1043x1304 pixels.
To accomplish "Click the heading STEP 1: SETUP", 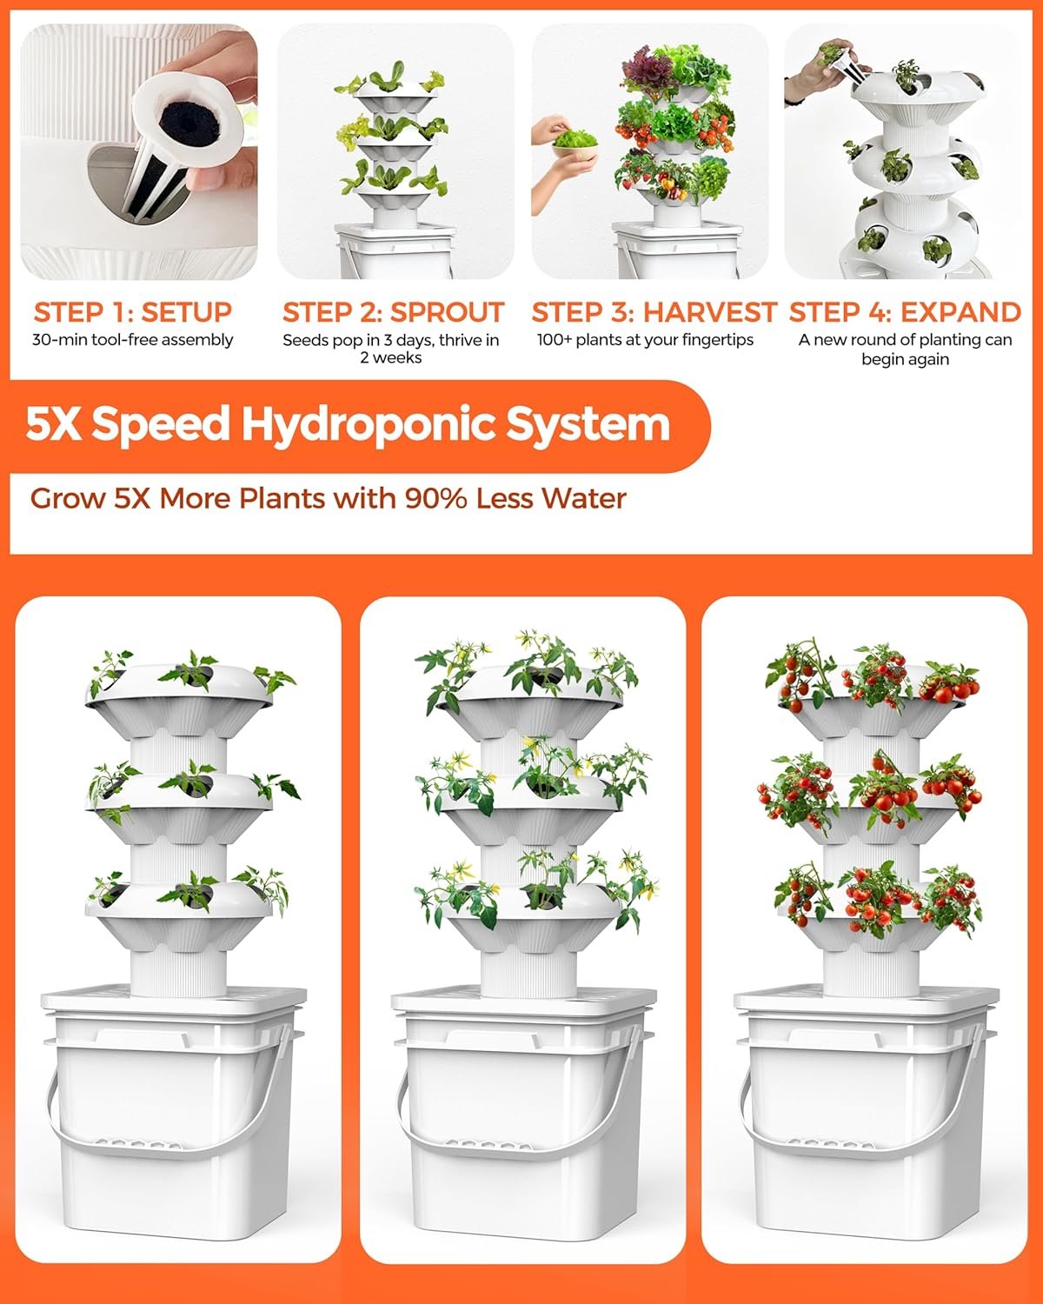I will tap(132, 311).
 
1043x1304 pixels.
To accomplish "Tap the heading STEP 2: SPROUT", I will tap(393, 311).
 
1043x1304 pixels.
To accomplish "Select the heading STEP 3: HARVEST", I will tap(653, 311).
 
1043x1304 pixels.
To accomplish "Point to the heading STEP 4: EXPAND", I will tap(905, 311).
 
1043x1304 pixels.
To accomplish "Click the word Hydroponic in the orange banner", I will tap(368, 424).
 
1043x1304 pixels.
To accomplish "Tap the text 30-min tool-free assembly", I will tap(132, 340).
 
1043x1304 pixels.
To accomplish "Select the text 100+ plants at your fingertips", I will tap(645, 340).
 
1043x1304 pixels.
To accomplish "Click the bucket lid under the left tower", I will tap(174, 1000).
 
